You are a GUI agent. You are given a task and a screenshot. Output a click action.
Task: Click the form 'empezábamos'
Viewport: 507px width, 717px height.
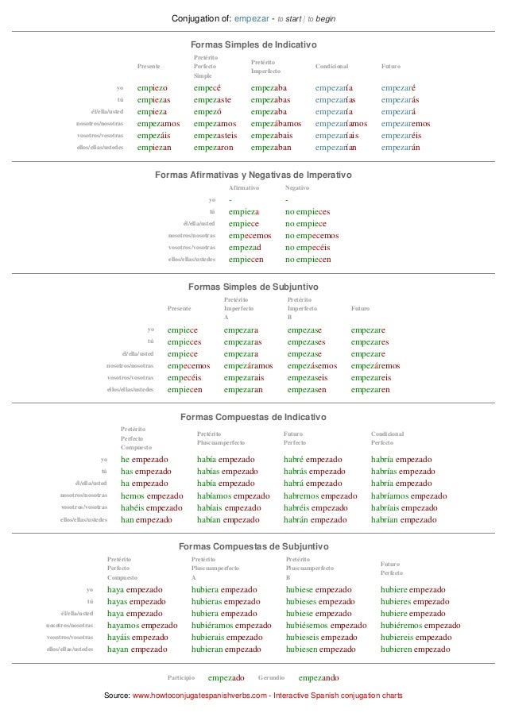276,124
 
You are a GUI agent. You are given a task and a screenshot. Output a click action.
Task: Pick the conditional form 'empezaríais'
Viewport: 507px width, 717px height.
341,136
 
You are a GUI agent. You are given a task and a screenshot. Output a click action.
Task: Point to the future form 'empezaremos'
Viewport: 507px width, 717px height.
406,124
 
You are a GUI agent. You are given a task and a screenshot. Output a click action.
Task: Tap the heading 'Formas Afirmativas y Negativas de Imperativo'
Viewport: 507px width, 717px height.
253,175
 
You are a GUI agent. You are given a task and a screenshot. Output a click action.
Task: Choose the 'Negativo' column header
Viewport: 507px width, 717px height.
297,187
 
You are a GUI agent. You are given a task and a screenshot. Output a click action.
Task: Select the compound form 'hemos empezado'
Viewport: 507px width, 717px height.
152,495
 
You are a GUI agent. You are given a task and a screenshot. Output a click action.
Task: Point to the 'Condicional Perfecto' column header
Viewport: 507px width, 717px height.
388,438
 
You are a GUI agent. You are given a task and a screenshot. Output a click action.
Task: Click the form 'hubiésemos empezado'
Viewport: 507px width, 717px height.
326,626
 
